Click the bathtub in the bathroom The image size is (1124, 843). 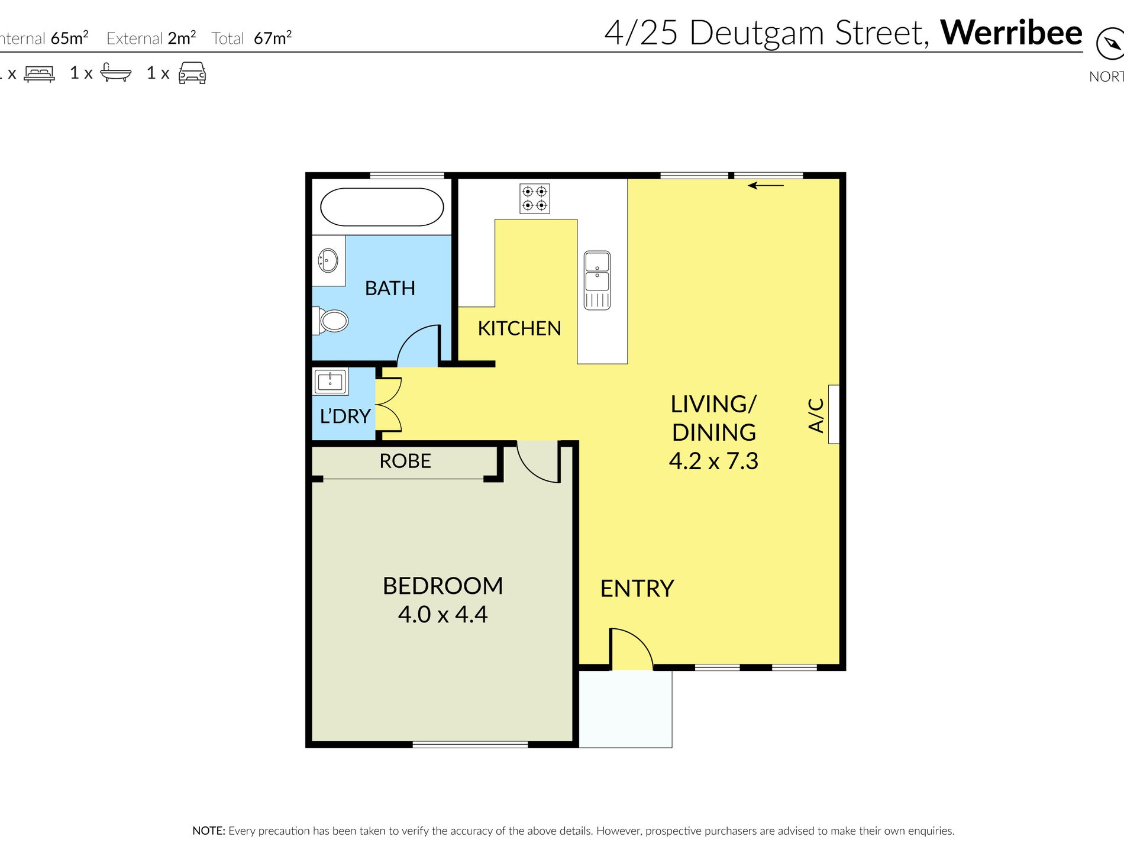coord(382,207)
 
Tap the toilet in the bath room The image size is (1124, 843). coord(333,321)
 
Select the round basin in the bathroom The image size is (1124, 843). coord(328,260)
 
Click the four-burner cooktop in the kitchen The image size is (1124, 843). coord(535,198)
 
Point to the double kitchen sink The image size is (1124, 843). coord(597,280)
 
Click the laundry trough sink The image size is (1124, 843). coord(330,382)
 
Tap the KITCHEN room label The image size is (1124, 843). coord(519,328)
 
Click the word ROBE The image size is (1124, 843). coord(405,461)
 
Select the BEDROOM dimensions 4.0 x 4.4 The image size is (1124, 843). coord(443,615)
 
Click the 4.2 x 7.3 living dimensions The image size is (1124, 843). coord(713,461)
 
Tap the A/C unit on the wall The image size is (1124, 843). coord(834,414)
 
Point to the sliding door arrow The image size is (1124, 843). coord(766,186)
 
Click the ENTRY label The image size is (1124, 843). coord(637,589)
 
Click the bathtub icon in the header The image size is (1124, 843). coord(115,72)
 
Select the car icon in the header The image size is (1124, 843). coord(192,73)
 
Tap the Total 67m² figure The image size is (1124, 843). coord(272,38)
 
